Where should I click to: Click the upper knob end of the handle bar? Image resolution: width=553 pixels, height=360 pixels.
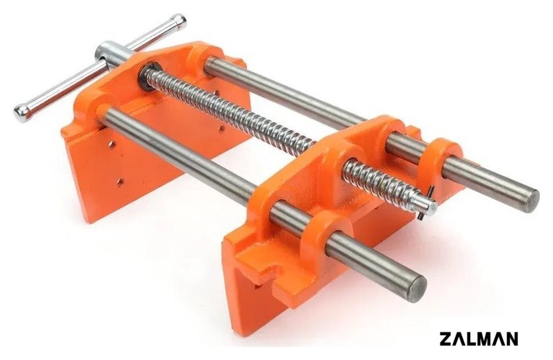pos(178,21)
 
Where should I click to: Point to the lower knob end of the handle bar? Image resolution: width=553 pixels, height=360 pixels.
pos(22,113)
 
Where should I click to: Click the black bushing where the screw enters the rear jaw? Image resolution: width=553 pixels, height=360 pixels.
pos(151,76)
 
